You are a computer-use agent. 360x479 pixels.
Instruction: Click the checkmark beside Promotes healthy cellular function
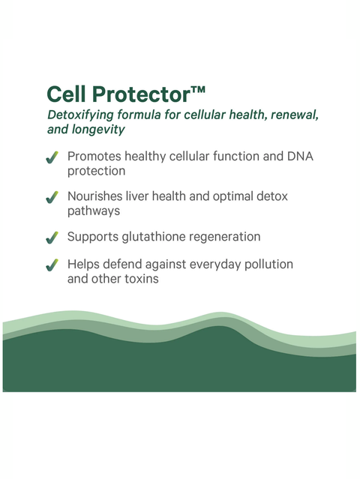(x=52, y=158)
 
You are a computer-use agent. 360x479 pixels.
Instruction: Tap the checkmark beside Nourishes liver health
(x=52, y=198)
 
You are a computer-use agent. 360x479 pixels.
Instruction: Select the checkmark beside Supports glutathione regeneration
(x=52, y=238)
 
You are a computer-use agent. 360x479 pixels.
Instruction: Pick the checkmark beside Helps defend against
(x=52, y=265)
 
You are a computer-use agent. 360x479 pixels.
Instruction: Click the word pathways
(x=94, y=211)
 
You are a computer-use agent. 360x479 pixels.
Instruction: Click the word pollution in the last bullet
(x=265, y=264)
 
